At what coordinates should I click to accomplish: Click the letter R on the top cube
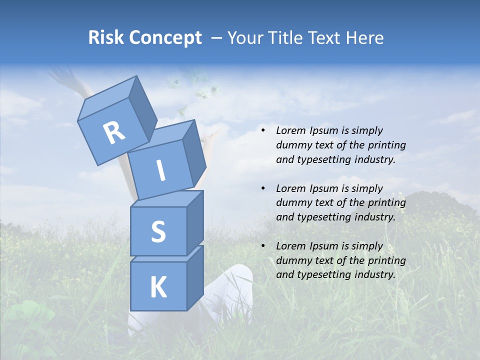click(x=114, y=132)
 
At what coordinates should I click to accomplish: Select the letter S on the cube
click(x=158, y=231)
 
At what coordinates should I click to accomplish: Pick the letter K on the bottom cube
click(x=158, y=287)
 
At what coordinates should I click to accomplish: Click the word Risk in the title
click(x=105, y=37)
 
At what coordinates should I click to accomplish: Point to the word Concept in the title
click(x=164, y=38)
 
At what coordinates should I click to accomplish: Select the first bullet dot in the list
click(x=263, y=131)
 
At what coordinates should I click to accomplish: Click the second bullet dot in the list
click(x=263, y=188)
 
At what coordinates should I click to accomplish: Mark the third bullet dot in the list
click(x=263, y=246)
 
